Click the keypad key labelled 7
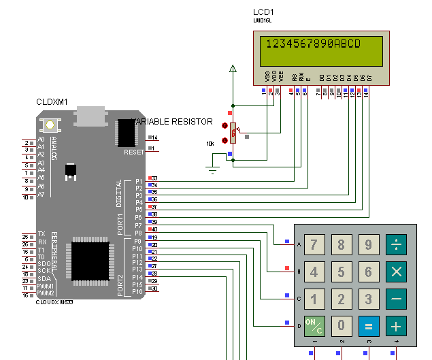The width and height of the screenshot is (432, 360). [314, 245]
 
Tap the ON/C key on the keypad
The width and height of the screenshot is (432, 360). [314, 325]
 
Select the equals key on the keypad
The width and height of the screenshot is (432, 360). [368, 325]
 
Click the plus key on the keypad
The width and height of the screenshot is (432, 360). [395, 325]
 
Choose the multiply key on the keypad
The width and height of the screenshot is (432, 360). [395, 272]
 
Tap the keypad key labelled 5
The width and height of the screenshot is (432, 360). [341, 272]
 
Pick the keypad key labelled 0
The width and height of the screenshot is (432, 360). [341, 325]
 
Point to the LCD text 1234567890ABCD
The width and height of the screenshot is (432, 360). [312, 44]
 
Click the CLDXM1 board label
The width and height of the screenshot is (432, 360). [52, 101]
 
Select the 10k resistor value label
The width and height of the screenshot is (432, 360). [210, 144]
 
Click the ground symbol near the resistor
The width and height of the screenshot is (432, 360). [213, 169]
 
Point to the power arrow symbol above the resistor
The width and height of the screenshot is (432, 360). [233, 68]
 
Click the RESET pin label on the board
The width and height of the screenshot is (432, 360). [133, 152]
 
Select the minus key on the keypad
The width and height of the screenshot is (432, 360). [395, 298]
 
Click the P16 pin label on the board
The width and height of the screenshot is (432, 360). [138, 291]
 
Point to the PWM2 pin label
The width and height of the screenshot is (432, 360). [46, 293]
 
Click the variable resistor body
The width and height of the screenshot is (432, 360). [233, 133]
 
